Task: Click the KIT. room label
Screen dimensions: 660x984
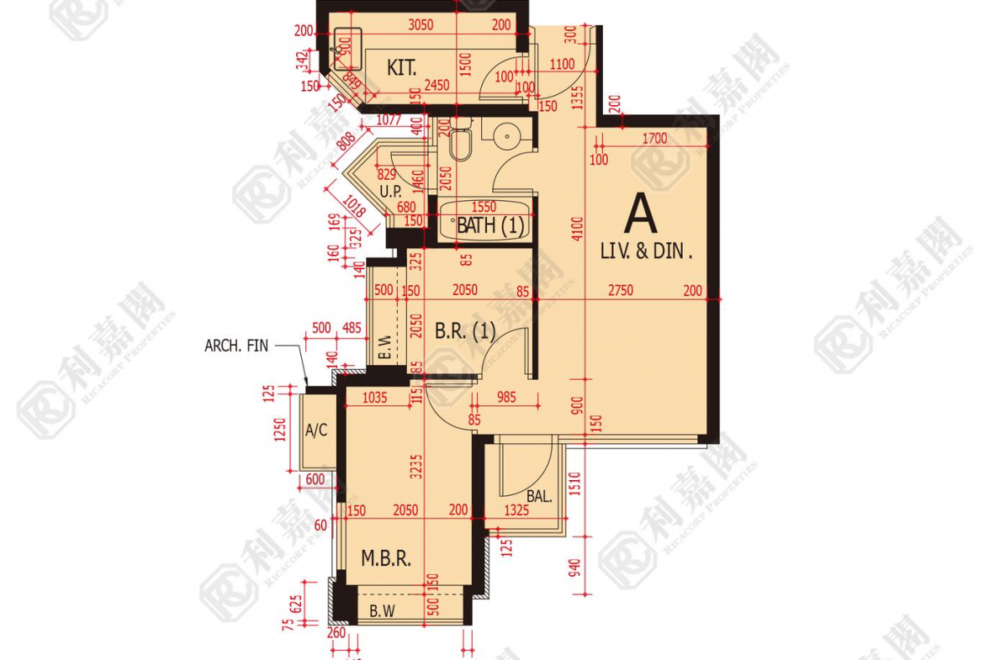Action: (402, 68)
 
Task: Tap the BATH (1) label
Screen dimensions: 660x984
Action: (489, 225)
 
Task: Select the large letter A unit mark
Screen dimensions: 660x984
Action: (640, 214)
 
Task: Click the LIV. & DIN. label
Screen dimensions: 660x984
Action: (646, 251)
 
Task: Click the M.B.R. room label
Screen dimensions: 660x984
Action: (385, 558)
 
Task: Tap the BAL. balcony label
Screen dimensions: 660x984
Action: (539, 496)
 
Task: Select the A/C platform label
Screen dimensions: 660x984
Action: (315, 430)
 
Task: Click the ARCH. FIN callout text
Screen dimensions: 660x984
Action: (236, 345)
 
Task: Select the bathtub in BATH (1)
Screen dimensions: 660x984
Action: (487, 220)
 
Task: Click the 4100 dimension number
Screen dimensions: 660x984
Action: (576, 230)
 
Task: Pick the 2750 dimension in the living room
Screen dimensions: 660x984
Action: (622, 290)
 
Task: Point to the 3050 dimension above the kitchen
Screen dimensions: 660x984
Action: (420, 25)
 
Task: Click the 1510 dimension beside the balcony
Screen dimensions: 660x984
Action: (576, 483)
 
